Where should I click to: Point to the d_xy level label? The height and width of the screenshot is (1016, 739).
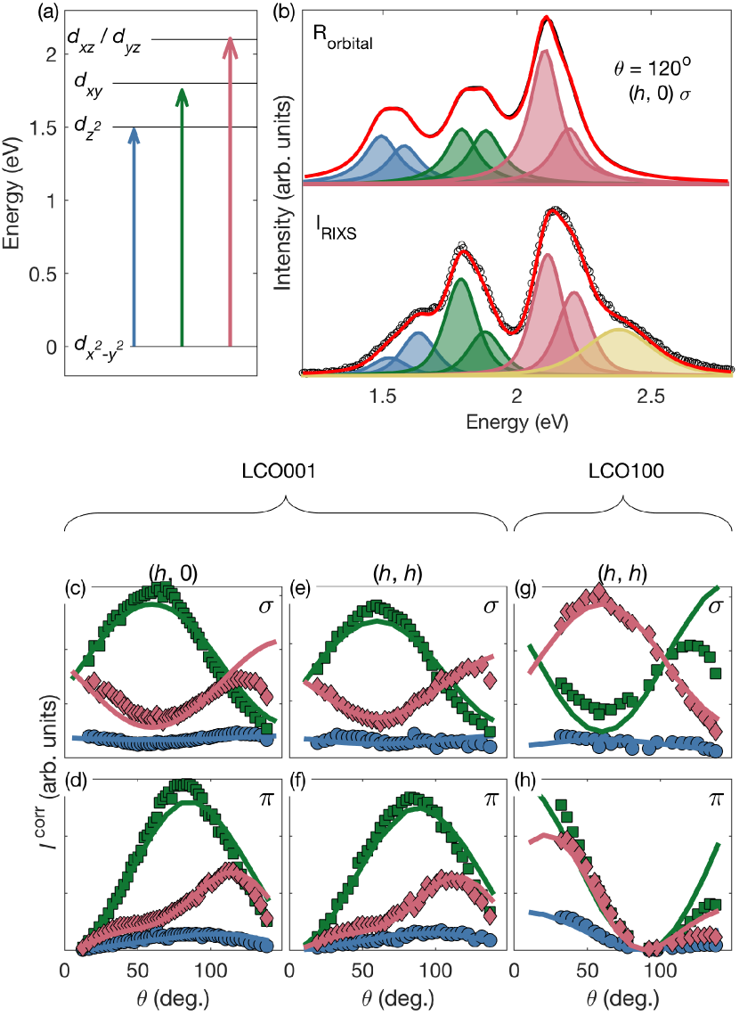91,84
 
